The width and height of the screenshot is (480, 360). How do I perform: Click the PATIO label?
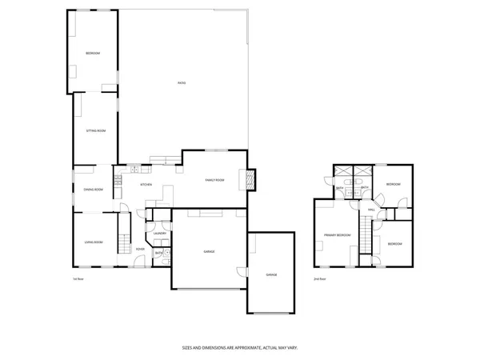[x=182, y=82]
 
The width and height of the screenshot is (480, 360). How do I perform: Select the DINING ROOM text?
[x=94, y=190]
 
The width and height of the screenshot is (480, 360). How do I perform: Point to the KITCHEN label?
[x=146, y=185]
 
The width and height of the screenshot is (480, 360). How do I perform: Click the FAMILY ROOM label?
[x=214, y=180]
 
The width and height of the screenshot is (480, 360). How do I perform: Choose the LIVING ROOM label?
[x=94, y=242]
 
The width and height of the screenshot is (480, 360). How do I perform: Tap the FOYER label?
[x=140, y=250]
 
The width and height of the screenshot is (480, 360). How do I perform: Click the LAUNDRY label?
[x=160, y=234]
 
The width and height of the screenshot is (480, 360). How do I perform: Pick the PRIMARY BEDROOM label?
[x=337, y=235]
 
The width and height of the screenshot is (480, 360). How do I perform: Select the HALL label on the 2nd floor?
[x=371, y=210]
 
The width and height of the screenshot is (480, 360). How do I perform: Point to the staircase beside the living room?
[x=122, y=237]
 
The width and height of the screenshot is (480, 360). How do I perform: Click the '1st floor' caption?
[x=78, y=278]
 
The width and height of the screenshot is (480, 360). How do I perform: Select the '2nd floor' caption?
[x=319, y=278]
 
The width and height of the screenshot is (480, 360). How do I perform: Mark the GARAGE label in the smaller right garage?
[x=271, y=274]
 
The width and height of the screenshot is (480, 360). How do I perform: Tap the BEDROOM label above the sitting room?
[x=94, y=54]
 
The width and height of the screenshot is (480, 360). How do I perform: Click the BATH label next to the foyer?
[x=158, y=253]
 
